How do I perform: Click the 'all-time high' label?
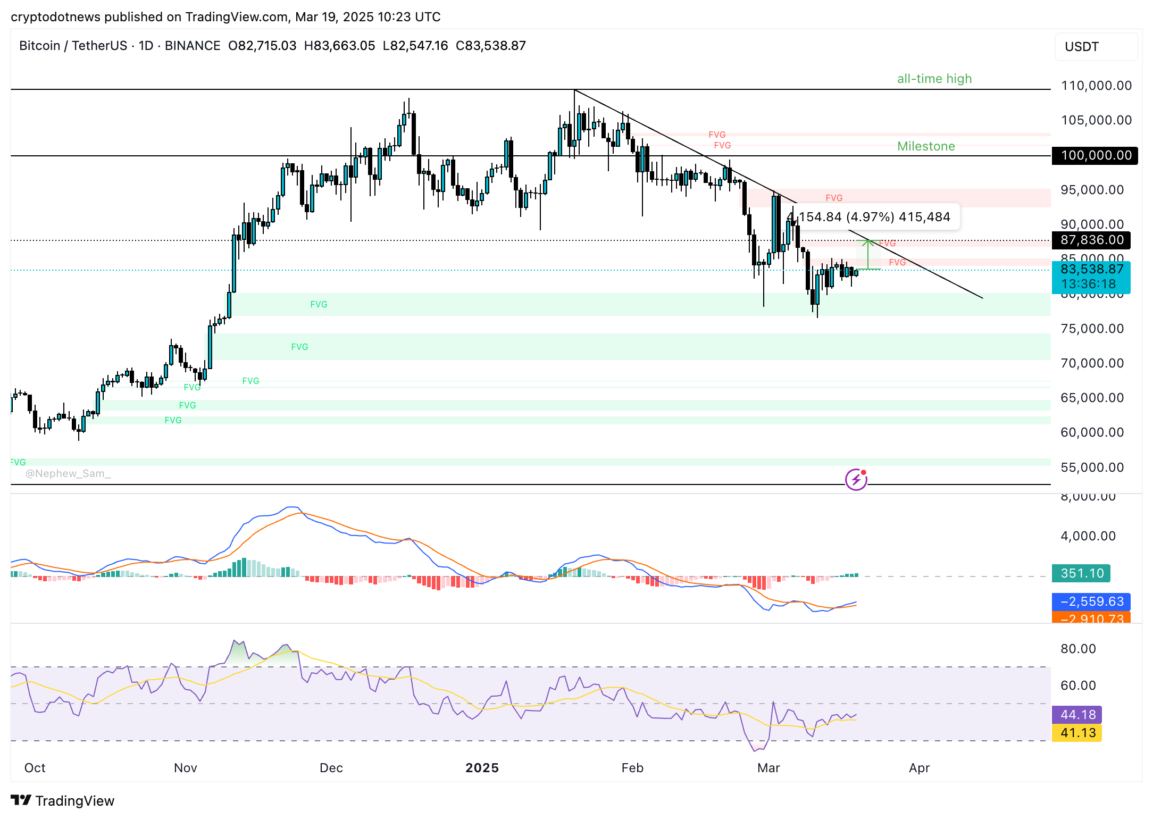pyautogui.click(x=934, y=79)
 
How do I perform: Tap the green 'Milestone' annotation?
pyautogui.click(x=926, y=146)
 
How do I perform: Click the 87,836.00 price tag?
pyautogui.click(x=1091, y=240)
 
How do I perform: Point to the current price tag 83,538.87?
pyautogui.click(x=1091, y=270)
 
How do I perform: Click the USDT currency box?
pyautogui.click(x=1096, y=47)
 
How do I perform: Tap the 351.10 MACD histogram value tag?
pyautogui.click(x=1081, y=573)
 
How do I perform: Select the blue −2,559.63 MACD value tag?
pyautogui.click(x=1091, y=601)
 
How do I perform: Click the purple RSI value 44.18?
pyautogui.click(x=1077, y=714)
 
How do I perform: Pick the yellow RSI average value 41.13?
pyautogui.click(x=1077, y=733)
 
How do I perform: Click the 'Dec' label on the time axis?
pyautogui.click(x=331, y=768)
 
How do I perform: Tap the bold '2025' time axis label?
pyautogui.click(x=482, y=768)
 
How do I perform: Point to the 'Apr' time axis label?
pyautogui.click(x=919, y=768)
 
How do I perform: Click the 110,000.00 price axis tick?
pyautogui.click(x=1096, y=86)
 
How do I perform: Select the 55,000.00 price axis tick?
pyautogui.click(x=1092, y=467)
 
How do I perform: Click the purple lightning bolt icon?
pyautogui.click(x=856, y=480)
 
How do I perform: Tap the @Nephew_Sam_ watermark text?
pyautogui.click(x=68, y=473)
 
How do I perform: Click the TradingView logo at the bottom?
pyautogui.click(x=63, y=800)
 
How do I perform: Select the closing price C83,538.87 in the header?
pyautogui.click(x=490, y=46)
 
